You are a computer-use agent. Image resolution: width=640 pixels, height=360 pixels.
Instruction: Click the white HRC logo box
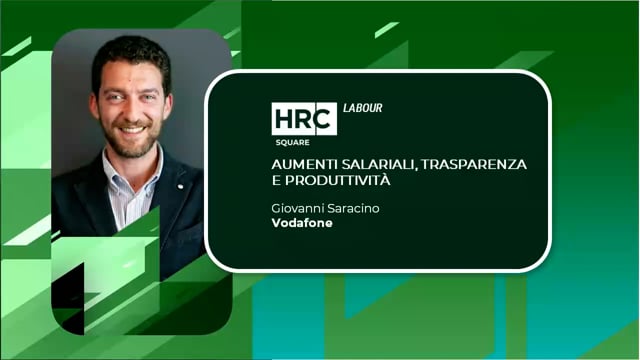304,119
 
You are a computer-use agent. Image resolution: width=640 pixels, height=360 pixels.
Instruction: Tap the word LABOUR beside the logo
362,108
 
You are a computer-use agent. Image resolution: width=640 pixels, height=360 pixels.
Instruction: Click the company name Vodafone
301,222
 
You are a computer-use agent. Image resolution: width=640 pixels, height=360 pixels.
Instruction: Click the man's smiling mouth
134,128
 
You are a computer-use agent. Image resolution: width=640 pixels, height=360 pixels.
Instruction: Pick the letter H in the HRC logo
284,119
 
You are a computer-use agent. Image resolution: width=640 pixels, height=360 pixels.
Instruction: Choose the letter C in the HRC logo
324,119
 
